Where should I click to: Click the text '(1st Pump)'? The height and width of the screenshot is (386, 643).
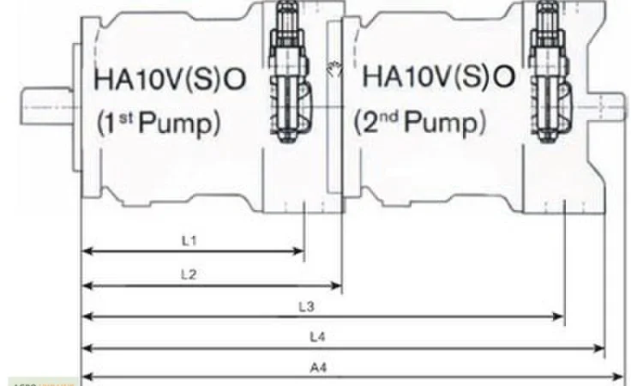pyautogui.click(x=158, y=122)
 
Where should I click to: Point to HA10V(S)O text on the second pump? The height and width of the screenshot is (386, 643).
pyautogui.click(x=440, y=78)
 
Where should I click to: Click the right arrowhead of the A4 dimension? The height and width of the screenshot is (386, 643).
pyautogui.click(x=620, y=377)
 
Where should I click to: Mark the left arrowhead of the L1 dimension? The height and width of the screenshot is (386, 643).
pyautogui.click(x=86, y=251)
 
